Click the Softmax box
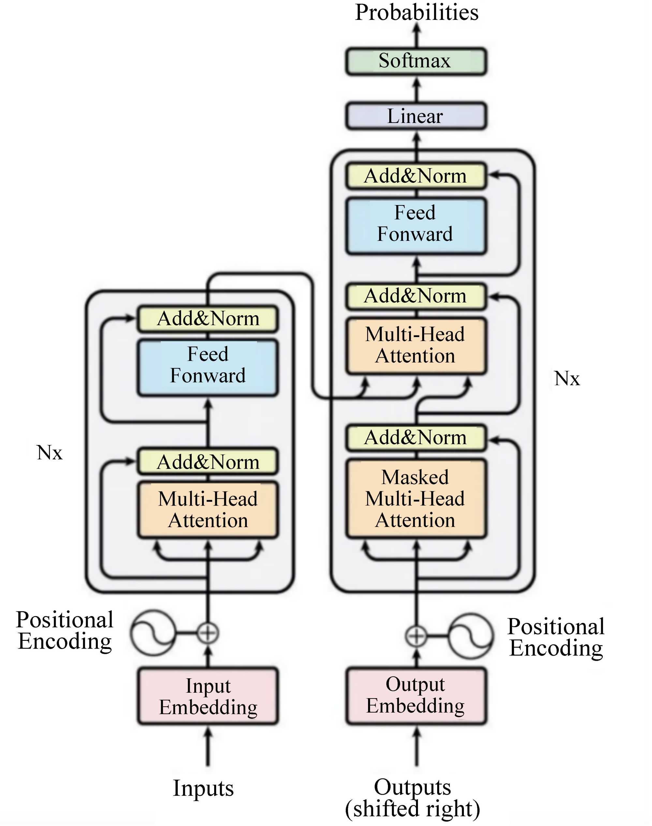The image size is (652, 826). (416, 61)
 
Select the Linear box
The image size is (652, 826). (416, 116)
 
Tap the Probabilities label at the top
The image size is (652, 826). (417, 12)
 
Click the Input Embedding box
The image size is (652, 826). (208, 696)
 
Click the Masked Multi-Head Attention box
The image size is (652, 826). (416, 498)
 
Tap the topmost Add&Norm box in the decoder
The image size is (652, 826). (416, 176)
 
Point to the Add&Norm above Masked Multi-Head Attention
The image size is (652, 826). (416, 438)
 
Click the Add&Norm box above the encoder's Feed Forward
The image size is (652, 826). (208, 318)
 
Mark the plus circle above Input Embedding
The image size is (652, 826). (208, 632)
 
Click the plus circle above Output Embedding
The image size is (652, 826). (416, 636)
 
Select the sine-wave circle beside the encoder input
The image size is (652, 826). (153, 632)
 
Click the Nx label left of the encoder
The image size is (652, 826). (50, 453)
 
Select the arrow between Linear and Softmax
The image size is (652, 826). (417, 89)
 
